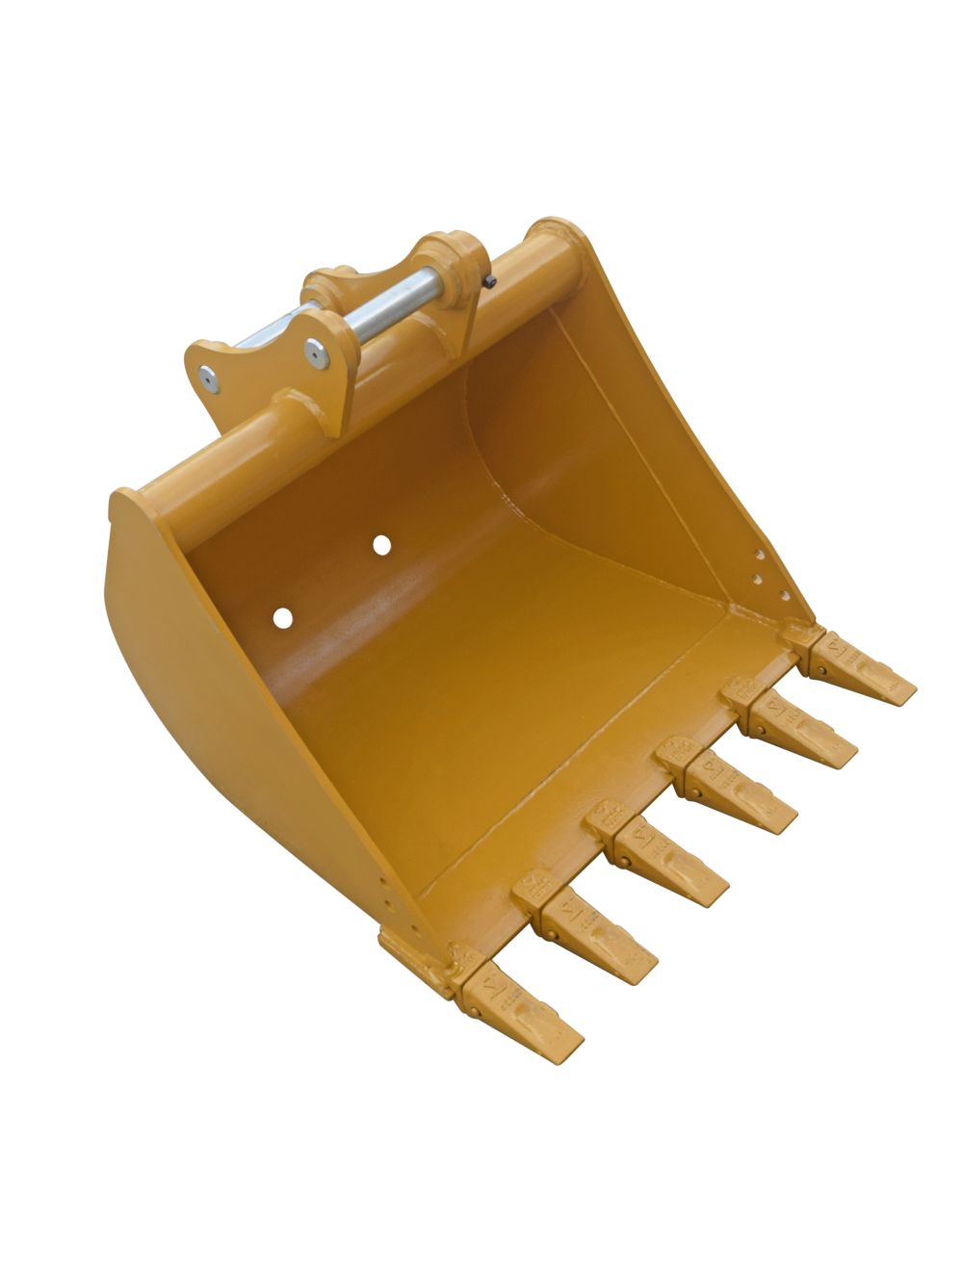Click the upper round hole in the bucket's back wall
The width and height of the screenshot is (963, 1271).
382,545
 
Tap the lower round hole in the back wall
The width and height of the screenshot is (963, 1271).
282,617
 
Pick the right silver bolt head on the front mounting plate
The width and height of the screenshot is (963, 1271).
315,352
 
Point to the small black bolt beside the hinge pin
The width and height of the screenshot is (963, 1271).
491,281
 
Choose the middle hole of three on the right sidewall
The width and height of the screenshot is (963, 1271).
757,578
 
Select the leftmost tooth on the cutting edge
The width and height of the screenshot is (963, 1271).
524,1005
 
